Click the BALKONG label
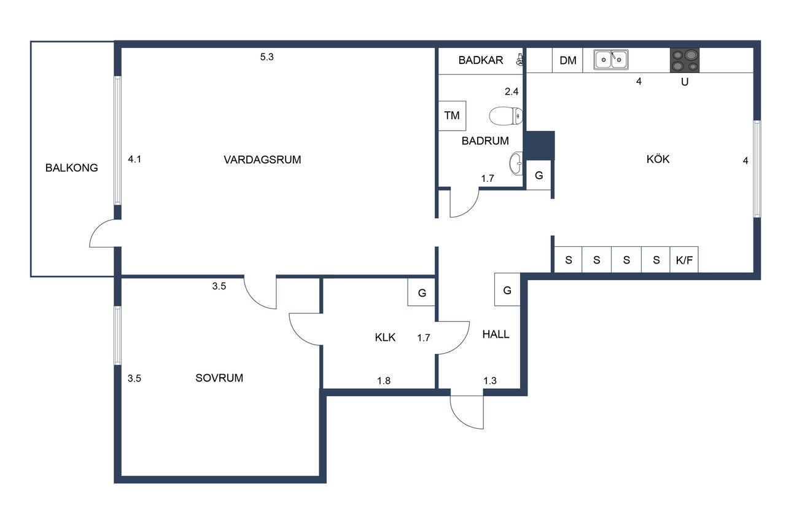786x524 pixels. [72, 168]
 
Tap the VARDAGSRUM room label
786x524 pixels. [262, 160]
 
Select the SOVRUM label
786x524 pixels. [219, 378]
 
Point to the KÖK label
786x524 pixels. [658, 159]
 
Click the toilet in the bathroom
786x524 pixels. [505, 116]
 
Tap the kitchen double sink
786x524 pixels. [611, 60]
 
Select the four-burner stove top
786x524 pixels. [685, 60]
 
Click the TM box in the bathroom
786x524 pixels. [452, 116]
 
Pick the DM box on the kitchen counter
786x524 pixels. [568, 60]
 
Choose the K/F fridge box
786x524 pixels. [684, 260]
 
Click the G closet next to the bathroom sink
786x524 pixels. [539, 175]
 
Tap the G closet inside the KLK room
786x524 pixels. [422, 292]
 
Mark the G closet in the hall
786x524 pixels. [507, 289]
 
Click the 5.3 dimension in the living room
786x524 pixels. [267, 57]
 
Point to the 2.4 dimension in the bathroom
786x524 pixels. [512, 92]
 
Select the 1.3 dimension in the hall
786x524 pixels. [490, 380]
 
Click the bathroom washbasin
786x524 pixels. [516, 163]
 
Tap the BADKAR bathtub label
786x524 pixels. [481, 60]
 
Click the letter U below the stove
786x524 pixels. [685, 82]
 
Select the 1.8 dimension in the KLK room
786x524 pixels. [384, 380]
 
